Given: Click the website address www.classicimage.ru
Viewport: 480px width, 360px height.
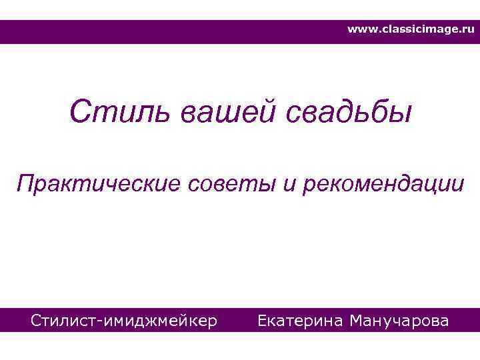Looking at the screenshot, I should click(x=411, y=30).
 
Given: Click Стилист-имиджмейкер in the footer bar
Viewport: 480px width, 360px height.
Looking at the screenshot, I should click(x=124, y=321).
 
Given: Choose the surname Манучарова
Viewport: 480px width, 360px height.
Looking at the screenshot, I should click(x=399, y=321).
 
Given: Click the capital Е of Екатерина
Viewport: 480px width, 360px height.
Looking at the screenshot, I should click(x=262, y=321).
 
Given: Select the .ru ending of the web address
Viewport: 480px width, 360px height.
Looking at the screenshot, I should click(x=466, y=30).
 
